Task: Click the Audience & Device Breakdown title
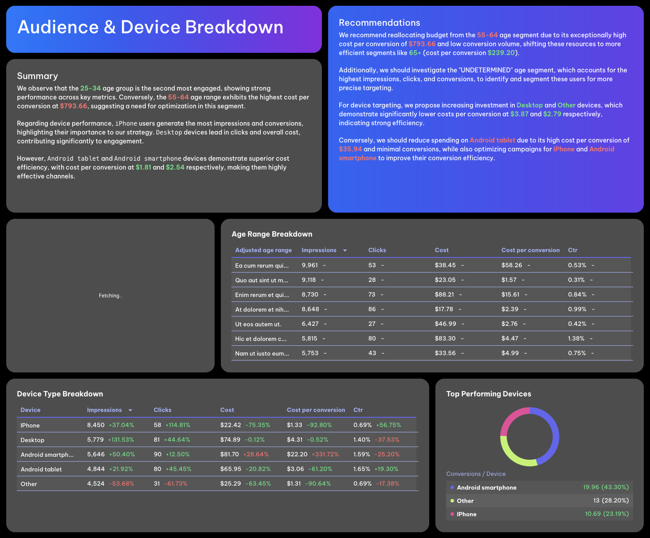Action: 150,27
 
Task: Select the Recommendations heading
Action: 379,23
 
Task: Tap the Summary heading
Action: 37,76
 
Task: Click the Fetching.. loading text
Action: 110,296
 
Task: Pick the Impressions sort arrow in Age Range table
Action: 345,250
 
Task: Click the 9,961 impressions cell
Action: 309,265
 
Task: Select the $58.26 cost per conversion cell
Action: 511,265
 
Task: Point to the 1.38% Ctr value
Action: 576,338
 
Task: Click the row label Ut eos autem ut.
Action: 258,324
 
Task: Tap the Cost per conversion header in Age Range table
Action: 530,250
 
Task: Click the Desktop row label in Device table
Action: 32,440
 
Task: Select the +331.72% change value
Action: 325,454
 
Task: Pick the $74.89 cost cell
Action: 230,439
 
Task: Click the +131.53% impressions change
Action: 121,439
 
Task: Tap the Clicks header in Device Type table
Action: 162,410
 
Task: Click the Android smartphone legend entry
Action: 486,487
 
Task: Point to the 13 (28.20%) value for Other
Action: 611,500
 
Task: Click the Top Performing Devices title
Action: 488,394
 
